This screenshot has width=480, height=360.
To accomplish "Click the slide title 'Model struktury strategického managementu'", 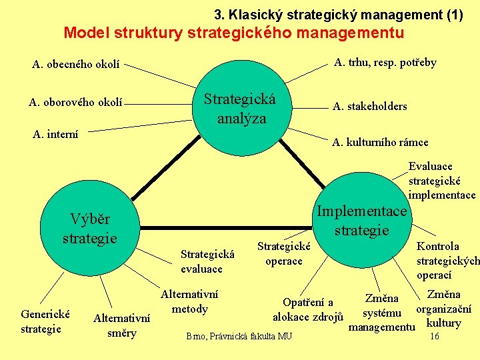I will (233, 32).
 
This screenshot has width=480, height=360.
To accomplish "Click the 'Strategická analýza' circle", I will (240, 109).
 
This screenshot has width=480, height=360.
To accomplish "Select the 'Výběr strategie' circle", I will (90, 229).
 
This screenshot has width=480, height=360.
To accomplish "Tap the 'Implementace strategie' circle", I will (361, 221).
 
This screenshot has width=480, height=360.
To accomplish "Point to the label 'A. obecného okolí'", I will (76, 65).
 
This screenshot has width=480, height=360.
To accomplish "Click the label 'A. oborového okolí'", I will (75, 102).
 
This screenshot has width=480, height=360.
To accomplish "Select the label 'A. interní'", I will (55, 135).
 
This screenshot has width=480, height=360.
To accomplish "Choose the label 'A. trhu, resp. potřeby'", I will (385, 63).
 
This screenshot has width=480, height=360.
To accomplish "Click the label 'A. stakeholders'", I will (369, 107).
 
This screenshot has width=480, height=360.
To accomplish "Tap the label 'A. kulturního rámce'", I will (380, 142).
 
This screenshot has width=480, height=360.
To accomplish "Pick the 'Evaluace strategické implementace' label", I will (442, 181).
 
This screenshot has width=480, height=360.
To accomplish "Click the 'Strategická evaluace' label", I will (207, 261).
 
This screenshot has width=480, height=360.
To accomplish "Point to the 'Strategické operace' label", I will (284, 254).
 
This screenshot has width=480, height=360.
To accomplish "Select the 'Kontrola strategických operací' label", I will (447, 261).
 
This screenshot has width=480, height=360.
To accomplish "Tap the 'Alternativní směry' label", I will (121, 326).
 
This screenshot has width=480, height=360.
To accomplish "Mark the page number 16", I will (434, 337).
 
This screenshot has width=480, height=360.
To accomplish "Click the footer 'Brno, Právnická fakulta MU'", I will (239, 336).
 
